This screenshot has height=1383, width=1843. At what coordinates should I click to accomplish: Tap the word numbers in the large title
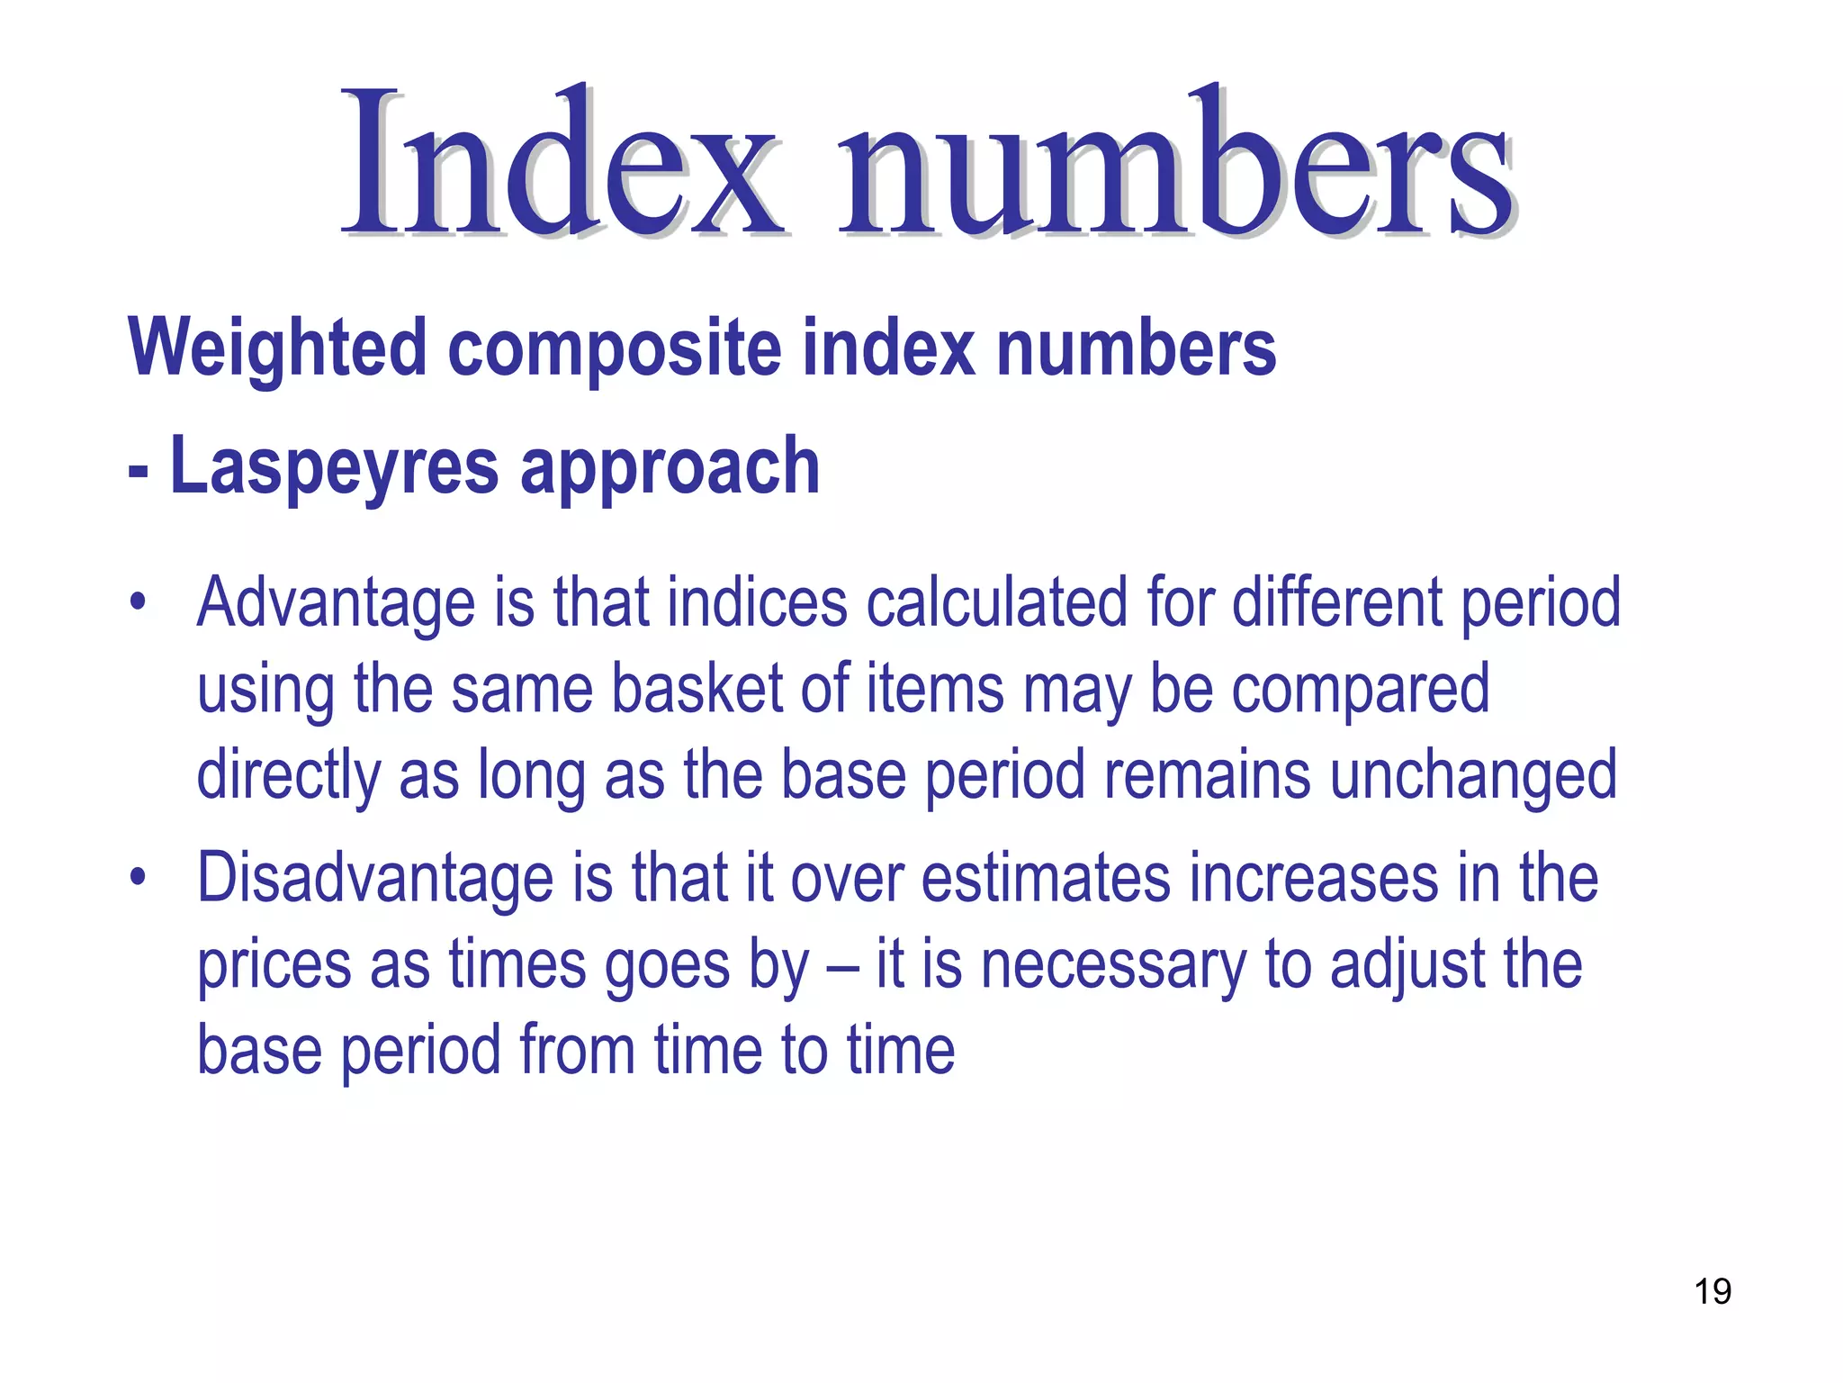[1175, 162]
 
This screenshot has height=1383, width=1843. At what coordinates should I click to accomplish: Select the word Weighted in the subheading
[277, 349]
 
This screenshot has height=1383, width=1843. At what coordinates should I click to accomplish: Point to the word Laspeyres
[334, 466]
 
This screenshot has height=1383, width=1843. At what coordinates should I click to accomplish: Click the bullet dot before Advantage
[137, 601]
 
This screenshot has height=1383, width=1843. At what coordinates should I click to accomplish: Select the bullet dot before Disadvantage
[137, 877]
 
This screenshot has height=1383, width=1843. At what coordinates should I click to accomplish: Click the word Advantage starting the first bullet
[336, 603]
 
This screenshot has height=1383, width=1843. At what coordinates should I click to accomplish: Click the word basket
[697, 689]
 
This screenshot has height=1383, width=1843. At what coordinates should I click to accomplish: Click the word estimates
[1046, 878]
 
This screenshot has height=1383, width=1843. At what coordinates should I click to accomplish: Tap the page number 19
[1713, 1291]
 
